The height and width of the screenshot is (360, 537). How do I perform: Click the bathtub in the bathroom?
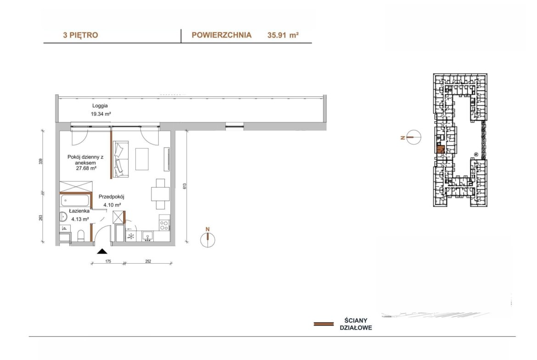(x=75, y=200)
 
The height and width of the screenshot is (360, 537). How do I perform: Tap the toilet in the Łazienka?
(x=81, y=236)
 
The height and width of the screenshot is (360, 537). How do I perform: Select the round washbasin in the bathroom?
(x=63, y=216)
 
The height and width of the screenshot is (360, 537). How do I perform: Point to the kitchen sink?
(x=148, y=236)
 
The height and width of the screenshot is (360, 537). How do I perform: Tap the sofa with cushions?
(x=121, y=159)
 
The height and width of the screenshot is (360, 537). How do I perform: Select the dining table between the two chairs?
(x=160, y=194)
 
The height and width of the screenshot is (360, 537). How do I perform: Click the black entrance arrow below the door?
(x=102, y=251)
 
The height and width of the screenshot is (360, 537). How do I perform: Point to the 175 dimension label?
(x=108, y=261)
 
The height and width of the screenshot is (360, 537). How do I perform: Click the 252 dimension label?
(x=148, y=261)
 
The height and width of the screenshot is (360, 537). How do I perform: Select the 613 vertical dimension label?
(x=185, y=186)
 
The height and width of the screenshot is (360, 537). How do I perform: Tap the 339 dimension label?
(x=41, y=161)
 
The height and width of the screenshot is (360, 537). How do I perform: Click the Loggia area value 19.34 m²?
(x=101, y=114)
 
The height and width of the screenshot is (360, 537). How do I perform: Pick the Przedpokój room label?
(x=112, y=197)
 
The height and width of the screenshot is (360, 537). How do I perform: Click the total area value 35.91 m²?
(x=283, y=35)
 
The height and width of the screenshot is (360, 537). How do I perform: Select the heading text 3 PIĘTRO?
(x=80, y=35)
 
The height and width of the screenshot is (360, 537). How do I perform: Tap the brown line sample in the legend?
(x=324, y=324)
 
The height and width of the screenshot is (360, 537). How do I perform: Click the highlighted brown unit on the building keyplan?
(x=441, y=149)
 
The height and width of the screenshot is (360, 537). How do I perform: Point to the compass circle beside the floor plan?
(x=207, y=240)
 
